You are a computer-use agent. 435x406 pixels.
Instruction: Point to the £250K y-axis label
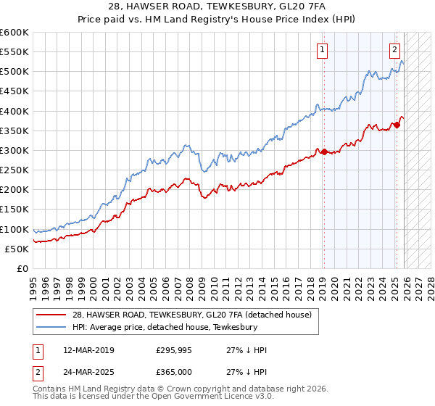pyautogui.click(x=14, y=170)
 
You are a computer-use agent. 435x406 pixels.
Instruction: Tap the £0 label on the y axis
pyautogui.click(x=22, y=268)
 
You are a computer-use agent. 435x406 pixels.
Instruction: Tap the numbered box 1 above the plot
pyautogui.click(x=322, y=50)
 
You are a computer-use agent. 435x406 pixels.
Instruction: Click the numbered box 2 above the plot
pyautogui.click(x=394, y=50)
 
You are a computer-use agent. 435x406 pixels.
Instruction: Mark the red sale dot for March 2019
pyautogui.click(x=324, y=152)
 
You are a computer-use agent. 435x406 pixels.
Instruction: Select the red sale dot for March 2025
pyautogui.click(x=397, y=125)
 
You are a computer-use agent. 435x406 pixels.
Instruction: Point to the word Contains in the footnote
pyautogui.click(x=49, y=390)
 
